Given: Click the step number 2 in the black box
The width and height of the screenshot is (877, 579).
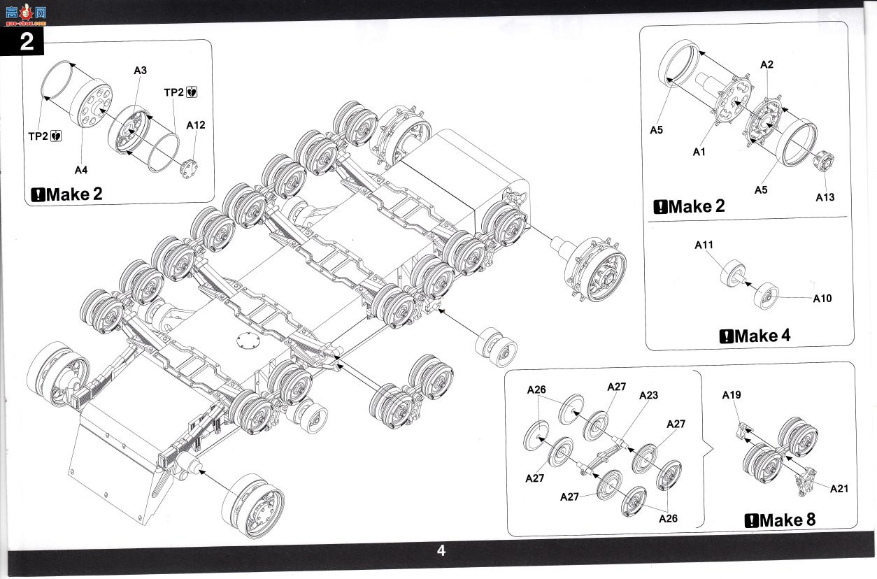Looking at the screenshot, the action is (27, 41).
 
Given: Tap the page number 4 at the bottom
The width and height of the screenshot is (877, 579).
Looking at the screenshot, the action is (441, 550).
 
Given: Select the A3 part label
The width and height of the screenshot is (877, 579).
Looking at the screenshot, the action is (140, 71).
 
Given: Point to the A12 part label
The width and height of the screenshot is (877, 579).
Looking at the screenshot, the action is (195, 125).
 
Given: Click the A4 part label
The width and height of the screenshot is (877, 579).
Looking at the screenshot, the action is (81, 170).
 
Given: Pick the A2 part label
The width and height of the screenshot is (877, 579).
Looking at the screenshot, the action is (767, 64).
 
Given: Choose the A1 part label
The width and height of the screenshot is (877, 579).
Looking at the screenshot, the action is (699, 152).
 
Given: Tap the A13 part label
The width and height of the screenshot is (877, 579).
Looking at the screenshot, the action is (825, 197).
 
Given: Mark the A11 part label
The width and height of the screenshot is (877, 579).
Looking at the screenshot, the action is (704, 245).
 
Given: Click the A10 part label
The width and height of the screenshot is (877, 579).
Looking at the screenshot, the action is (822, 299).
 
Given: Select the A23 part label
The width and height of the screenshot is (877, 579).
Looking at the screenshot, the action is (648, 395).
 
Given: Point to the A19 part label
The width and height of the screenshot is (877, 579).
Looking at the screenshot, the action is (732, 395).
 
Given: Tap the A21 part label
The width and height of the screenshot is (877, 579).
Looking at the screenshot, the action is (839, 489).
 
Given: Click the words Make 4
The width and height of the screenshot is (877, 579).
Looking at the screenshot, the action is (762, 336).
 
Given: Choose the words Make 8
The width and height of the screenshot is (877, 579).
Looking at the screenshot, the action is (787, 520).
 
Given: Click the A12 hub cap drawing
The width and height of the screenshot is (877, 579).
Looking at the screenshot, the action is (189, 169).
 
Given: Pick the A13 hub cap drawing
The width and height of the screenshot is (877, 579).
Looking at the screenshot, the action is (823, 161).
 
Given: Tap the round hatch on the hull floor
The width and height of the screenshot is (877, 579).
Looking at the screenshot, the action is (248, 341).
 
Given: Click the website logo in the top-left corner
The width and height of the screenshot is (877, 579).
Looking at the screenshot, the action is (26, 15).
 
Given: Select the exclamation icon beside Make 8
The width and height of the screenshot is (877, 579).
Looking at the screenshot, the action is (751, 521).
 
